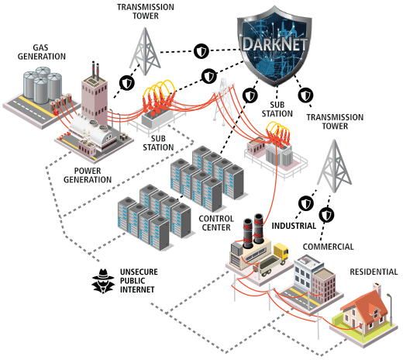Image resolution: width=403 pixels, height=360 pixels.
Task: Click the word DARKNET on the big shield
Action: click(x=275, y=44)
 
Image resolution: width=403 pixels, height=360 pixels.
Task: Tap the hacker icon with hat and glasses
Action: click(x=103, y=281)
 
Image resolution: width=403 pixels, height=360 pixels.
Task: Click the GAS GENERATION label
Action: click(x=41, y=52)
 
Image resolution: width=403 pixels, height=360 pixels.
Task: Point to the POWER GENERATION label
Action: click(x=88, y=175)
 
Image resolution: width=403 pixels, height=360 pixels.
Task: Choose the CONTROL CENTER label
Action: click(x=216, y=223)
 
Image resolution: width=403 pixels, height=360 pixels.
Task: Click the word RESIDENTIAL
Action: click(x=374, y=272)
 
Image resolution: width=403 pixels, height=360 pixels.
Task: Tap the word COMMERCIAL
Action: click(x=329, y=247)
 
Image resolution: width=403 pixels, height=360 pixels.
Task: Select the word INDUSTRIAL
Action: click(x=294, y=226)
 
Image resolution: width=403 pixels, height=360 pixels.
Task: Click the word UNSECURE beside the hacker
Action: click(x=139, y=272)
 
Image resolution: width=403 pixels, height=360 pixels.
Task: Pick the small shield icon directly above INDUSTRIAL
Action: click(x=306, y=203)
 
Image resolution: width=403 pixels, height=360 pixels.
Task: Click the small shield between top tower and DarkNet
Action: click(x=201, y=51)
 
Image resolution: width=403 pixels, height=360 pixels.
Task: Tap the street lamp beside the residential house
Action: click(x=390, y=309)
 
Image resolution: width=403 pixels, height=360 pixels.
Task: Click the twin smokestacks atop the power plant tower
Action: click(x=95, y=70)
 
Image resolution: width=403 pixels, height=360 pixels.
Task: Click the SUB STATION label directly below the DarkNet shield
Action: click(x=277, y=109)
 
